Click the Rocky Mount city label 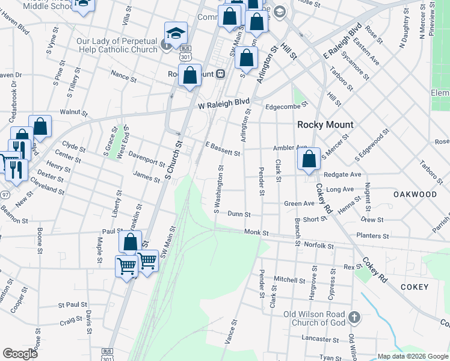point(325,125)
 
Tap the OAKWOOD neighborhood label point(415,194)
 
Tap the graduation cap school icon point(176,33)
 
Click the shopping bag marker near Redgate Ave point(309,159)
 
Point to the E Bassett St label point(223,149)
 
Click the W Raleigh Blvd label point(224,104)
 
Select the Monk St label point(256,232)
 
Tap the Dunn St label point(239,214)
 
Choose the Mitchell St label point(290,280)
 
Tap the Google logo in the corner point(20,354)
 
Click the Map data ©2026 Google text point(413,356)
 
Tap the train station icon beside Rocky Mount point(221,74)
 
